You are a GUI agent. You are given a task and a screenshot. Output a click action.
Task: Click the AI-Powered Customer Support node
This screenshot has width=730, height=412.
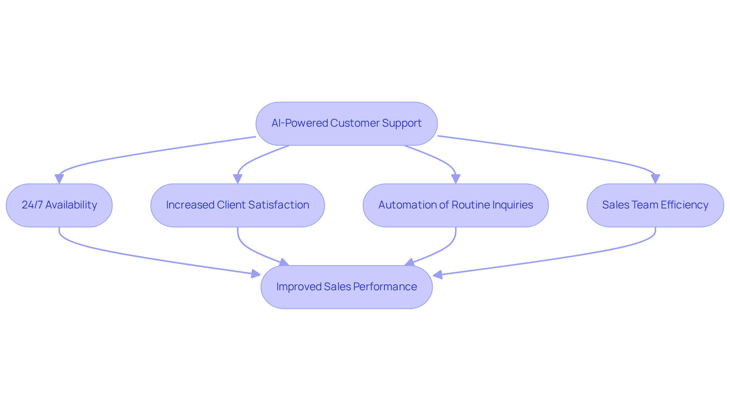point(346,124)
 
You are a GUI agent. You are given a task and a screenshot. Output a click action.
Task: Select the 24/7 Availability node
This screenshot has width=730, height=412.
point(59,205)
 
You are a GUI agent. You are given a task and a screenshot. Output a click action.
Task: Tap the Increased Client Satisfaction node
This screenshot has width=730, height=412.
point(238,205)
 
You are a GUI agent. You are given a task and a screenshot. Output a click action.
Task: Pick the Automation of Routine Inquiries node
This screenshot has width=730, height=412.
point(455,205)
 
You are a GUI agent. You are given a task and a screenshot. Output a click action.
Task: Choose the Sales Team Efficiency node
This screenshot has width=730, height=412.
point(655,205)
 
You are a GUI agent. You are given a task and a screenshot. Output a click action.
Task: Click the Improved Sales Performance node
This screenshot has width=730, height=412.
point(346,287)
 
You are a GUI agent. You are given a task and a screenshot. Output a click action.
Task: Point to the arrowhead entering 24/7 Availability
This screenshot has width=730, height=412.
point(59,179)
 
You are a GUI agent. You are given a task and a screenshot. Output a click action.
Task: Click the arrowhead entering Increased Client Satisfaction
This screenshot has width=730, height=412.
point(238,179)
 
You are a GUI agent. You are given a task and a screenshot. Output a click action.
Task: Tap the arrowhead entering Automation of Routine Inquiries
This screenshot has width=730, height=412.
point(455,179)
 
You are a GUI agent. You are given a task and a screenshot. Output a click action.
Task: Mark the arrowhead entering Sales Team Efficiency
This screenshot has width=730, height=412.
point(655,179)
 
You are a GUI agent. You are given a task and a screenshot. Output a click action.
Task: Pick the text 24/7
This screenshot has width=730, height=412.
point(32,205)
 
